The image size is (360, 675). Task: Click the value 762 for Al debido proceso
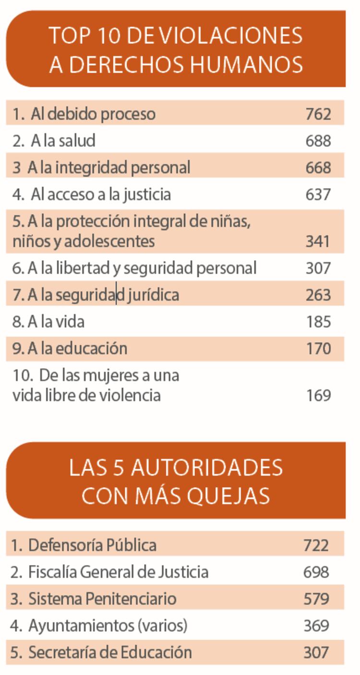point(318,114)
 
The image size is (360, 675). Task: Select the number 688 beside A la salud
point(318,141)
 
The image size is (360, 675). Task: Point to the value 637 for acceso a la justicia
point(318,194)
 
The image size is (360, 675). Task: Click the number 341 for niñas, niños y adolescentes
point(318,241)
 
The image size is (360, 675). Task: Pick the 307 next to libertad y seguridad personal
point(318,268)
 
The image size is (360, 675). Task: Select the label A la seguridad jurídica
point(96,295)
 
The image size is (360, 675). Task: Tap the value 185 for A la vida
point(318,321)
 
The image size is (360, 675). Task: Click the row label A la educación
point(70,349)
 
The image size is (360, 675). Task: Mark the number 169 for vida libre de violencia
point(318,396)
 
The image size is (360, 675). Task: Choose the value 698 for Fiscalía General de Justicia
point(316,572)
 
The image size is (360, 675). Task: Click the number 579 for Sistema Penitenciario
point(316,599)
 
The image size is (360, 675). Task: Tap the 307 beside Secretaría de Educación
point(316,653)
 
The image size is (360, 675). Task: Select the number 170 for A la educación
point(318,349)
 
